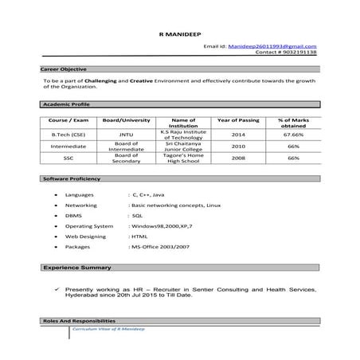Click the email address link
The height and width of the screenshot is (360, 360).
click(x=272, y=47)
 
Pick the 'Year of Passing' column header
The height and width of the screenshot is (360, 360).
click(x=238, y=119)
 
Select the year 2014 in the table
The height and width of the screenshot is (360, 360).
click(x=238, y=135)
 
